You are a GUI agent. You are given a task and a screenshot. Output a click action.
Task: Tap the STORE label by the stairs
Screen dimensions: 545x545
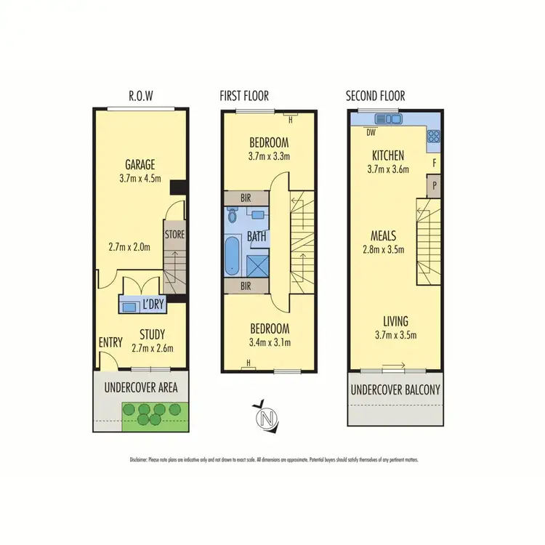(174, 235)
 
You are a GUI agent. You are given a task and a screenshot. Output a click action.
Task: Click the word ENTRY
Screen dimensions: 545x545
(110, 342)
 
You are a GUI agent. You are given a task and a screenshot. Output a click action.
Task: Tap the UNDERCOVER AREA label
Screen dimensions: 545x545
(140, 387)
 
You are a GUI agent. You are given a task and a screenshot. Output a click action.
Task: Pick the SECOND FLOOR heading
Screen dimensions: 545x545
(375, 96)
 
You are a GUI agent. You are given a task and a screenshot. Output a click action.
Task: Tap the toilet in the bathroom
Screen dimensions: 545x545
(233, 215)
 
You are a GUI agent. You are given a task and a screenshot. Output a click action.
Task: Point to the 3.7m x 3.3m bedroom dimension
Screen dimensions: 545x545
(269, 156)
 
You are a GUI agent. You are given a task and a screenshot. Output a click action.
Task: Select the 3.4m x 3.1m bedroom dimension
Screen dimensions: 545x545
(269, 342)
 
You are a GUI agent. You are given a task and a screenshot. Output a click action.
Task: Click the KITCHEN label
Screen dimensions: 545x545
(388, 156)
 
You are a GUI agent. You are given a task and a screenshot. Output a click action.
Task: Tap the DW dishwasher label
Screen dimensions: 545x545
(371, 132)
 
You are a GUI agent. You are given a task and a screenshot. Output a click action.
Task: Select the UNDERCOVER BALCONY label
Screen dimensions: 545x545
(395, 389)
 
